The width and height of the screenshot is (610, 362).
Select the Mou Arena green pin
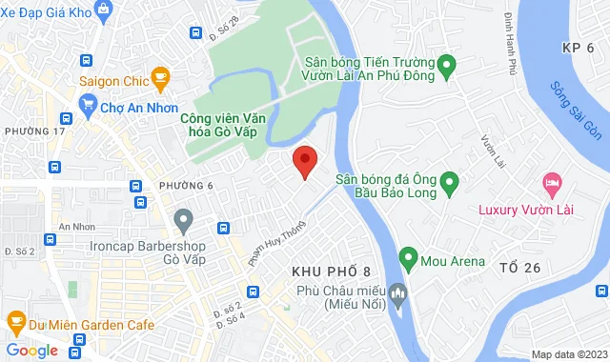pos(408,258)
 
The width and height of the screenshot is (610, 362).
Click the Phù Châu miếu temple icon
pos(401,292)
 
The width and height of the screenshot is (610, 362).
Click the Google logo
pos(31,350)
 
